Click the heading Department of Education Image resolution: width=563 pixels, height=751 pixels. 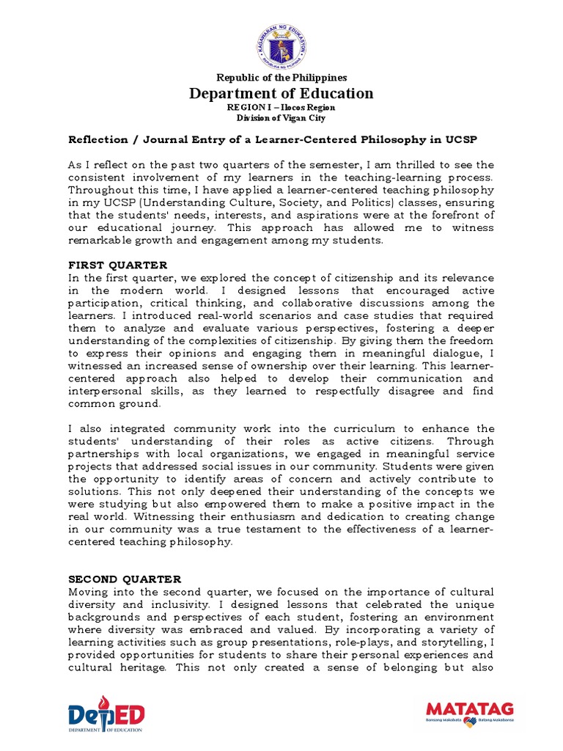tap(281, 93)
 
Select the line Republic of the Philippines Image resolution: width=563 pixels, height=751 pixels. tap(281, 78)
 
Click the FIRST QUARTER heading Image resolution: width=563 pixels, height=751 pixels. tap(117, 265)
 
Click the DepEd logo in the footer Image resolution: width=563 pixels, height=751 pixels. tap(106, 714)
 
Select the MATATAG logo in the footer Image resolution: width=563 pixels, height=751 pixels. tap(469, 713)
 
